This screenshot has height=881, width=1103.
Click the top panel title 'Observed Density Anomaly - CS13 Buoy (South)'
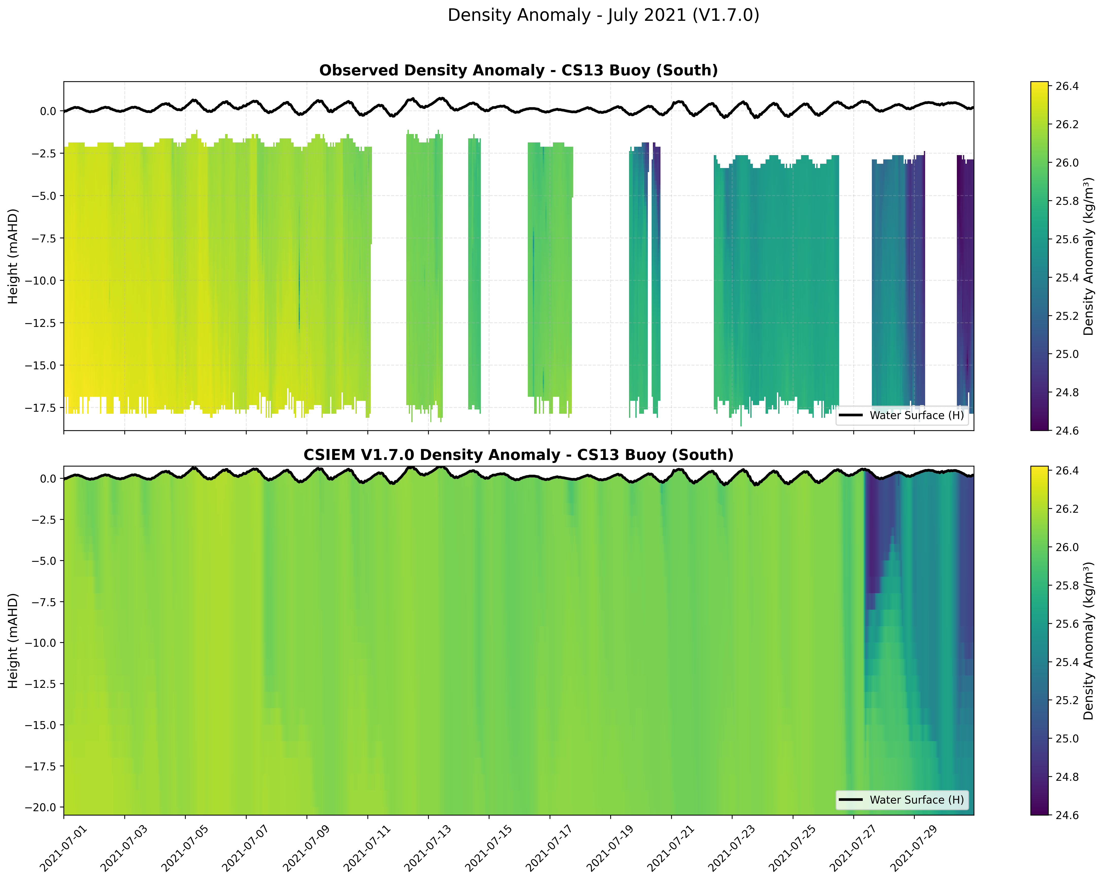click(x=518, y=71)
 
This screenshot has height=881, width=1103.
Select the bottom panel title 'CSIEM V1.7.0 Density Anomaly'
click(x=518, y=455)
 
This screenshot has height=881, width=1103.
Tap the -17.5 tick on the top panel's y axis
click(x=42, y=408)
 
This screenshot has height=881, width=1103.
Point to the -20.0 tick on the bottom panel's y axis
click(x=42, y=807)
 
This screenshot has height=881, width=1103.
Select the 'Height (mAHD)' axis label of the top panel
click(x=13, y=256)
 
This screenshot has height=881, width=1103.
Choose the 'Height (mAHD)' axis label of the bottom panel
click(x=13, y=641)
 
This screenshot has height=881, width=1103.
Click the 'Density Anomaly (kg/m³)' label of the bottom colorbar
click(x=1089, y=641)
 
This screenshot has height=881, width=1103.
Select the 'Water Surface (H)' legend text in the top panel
click(x=916, y=415)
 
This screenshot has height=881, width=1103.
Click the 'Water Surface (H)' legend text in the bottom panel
click(x=916, y=800)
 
